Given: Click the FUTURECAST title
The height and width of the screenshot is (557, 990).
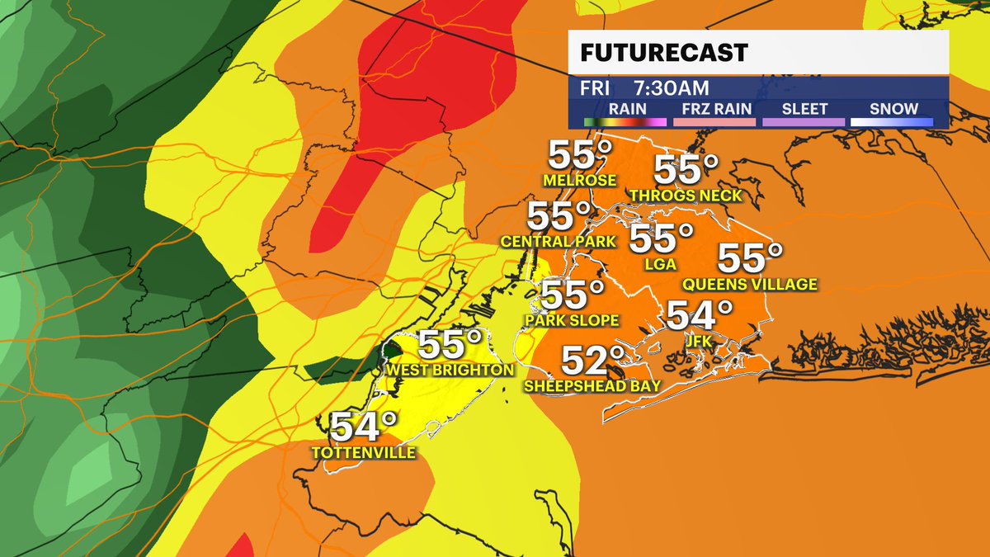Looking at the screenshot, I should tap(663, 54).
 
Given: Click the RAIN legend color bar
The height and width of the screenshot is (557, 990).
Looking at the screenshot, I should tap(625, 122).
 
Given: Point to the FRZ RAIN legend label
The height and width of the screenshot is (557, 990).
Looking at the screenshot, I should tap(714, 109).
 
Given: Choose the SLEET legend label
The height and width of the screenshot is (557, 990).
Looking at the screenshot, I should tap(803, 109).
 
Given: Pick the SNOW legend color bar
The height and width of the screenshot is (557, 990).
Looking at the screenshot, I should tap(893, 122).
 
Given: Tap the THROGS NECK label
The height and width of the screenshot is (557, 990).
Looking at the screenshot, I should tap(685, 196).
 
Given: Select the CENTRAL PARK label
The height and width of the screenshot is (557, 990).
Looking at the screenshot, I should tap(559, 242).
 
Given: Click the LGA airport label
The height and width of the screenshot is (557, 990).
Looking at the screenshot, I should tap(661, 264).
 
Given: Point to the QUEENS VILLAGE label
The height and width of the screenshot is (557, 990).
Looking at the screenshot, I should tap(749, 285).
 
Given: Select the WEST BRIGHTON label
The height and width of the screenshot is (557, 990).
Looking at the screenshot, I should tap(450, 370).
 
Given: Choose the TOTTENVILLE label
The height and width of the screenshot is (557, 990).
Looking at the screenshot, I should tap(363, 452).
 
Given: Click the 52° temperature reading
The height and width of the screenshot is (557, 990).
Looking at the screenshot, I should tap(593, 360).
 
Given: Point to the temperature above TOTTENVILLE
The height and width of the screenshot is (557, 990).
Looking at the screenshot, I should tap(363, 427).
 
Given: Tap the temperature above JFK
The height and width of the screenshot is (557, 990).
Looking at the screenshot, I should tap(700, 314).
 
